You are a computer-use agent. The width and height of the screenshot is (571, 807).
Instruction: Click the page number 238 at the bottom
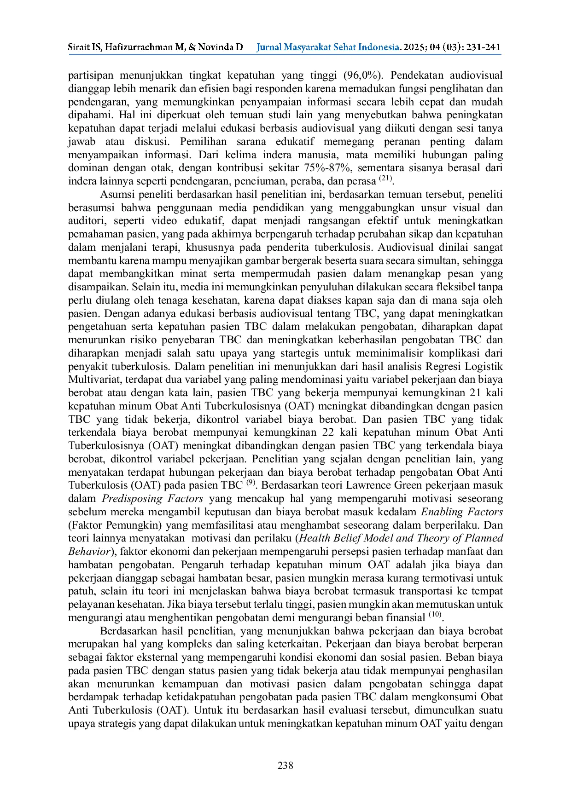coord(285,766)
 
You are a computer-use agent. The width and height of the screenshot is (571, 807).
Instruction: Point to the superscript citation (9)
coord(251,483)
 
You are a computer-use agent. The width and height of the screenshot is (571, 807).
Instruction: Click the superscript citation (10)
coord(435,615)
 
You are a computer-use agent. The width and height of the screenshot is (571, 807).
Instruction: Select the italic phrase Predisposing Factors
coord(152,499)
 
